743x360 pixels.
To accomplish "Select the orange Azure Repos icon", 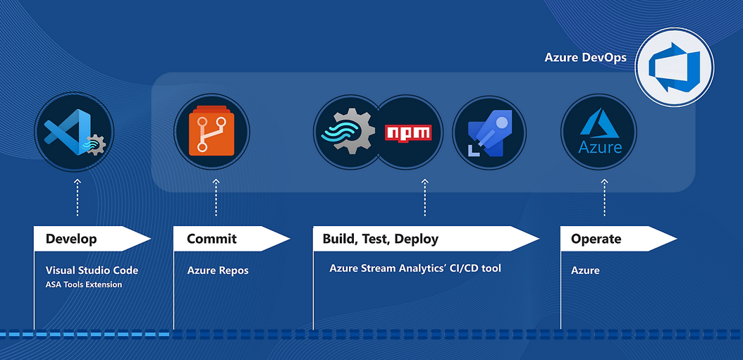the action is pyautogui.click(x=211, y=131).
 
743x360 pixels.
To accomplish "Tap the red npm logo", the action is pyautogui.click(x=408, y=132).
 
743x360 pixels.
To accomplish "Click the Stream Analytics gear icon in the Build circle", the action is pyautogui.click(x=348, y=131).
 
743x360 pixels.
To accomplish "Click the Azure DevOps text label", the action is pyautogui.click(x=585, y=58).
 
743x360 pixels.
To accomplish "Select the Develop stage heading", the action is pyautogui.click(x=71, y=239).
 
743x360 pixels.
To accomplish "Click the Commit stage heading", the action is pyautogui.click(x=211, y=239).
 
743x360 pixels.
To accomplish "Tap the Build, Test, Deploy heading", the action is pyautogui.click(x=381, y=239).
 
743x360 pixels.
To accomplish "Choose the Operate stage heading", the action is pyautogui.click(x=596, y=239).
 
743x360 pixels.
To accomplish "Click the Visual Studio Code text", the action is pyautogui.click(x=92, y=271).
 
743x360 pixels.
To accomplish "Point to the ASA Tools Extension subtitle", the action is pyautogui.click(x=84, y=285).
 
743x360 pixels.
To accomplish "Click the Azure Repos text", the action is pyautogui.click(x=218, y=271).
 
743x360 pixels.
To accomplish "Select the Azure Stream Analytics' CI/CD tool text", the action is pyautogui.click(x=415, y=268).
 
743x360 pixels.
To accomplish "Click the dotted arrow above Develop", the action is pyautogui.click(x=78, y=197).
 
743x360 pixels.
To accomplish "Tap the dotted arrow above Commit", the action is pyautogui.click(x=216, y=197).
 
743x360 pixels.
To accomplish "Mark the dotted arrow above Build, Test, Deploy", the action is pyautogui.click(x=424, y=197).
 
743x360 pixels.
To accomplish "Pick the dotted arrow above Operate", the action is pyautogui.click(x=604, y=197).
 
